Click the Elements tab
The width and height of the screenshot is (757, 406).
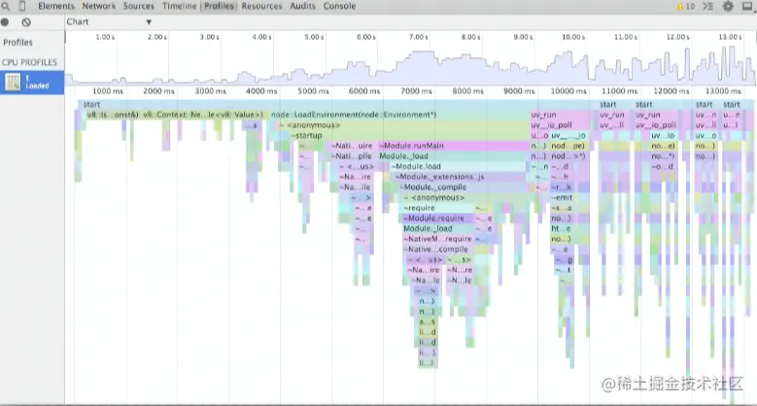coord(55,6)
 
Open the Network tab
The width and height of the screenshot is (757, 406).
coord(99,6)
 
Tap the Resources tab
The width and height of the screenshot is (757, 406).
coord(261,6)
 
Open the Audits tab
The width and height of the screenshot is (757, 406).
coord(304,6)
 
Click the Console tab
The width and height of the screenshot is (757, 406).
coord(339,6)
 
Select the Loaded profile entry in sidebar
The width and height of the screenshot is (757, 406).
coord(32,82)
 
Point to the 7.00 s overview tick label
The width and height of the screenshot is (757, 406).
coord(418,37)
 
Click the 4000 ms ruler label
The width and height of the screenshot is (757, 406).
coord(261,90)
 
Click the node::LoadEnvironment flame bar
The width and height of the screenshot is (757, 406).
coord(354,115)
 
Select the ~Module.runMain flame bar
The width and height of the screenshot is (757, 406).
coord(413,146)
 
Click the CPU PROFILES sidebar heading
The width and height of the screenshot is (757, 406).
coord(29,62)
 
